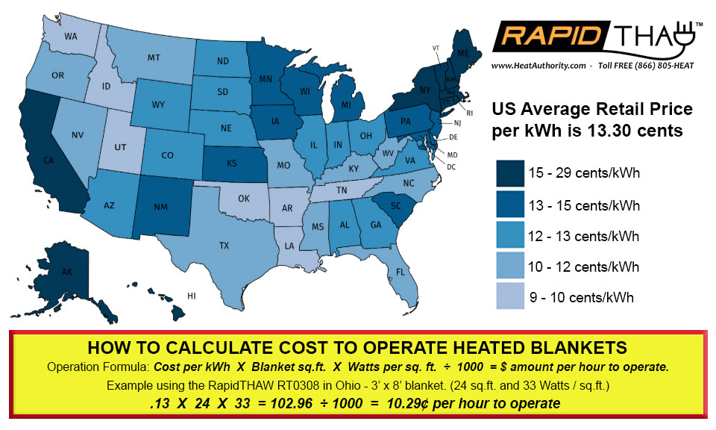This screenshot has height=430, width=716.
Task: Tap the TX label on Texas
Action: click(x=224, y=245)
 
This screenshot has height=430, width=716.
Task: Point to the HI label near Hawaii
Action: click(x=191, y=296)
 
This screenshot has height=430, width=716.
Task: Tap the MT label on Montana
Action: click(x=154, y=57)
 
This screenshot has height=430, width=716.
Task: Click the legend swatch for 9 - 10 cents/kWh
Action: click(x=511, y=296)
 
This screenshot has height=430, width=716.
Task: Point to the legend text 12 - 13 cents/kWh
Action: click(x=584, y=236)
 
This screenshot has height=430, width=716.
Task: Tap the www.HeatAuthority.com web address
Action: click(x=538, y=66)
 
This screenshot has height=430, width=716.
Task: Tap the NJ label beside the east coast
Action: click(x=458, y=122)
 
